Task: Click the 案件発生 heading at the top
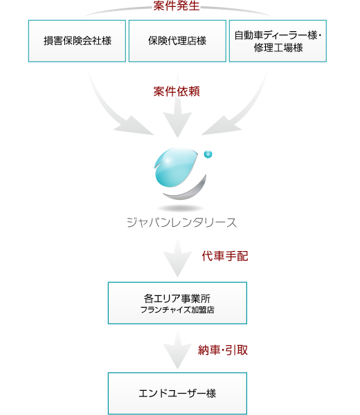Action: coord(177,6)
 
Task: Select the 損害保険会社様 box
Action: coord(77,41)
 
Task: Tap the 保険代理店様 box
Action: coord(177,41)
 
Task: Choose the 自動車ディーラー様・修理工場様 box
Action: coord(278,41)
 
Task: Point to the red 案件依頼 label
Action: coord(177,91)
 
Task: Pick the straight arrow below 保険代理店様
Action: coord(177,106)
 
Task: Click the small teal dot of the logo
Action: coord(208,154)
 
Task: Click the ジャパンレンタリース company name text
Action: coord(181,223)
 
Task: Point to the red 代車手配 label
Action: coord(225,256)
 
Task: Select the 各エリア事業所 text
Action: coord(177,298)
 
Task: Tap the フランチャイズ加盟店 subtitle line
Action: coord(177,310)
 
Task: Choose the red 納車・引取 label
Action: coord(223,350)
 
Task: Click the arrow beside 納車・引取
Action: coord(177,351)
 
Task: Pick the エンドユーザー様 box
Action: coord(177,394)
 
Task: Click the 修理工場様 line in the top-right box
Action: coord(278,48)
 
